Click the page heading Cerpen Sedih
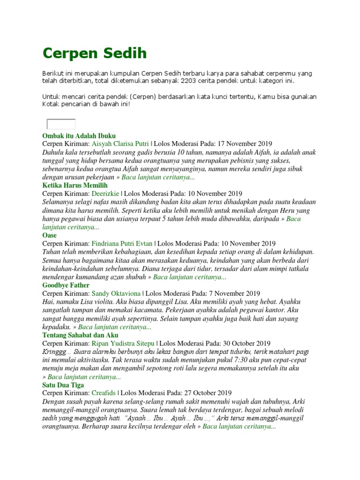click(94, 53)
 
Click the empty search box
click(61, 124)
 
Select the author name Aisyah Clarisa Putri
click(120, 143)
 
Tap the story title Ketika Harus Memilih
click(75, 185)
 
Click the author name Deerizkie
click(105, 193)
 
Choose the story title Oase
click(49, 235)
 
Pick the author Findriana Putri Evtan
click(122, 243)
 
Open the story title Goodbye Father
click(66, 285)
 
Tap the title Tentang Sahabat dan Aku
click(80, 335)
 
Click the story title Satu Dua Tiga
click(63, 385)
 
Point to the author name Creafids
click(104, 393)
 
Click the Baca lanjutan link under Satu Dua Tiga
click(239, 427)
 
